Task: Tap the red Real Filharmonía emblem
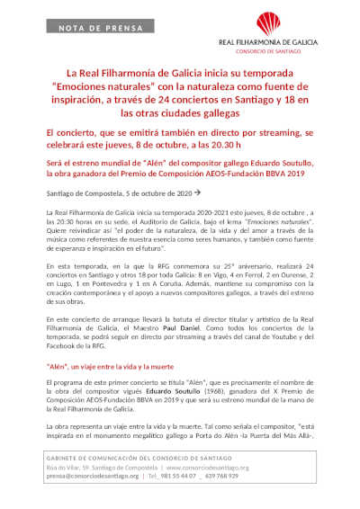292,23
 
